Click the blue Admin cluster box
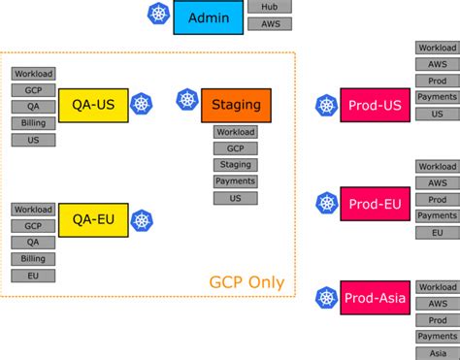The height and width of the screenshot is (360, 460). coord(209,18)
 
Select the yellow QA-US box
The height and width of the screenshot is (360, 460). coord(93,106)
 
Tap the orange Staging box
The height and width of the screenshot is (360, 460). coord(236,105)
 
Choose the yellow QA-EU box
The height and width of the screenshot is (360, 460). coord(93,220)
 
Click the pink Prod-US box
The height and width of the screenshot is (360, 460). coord(368,105)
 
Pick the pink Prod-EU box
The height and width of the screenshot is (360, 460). coord(368,204)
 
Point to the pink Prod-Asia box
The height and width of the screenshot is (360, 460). coord(368,298)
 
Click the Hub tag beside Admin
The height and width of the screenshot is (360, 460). coord(270,7)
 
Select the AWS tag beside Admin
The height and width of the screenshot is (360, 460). coord(270,23)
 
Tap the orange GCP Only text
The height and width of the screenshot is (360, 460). coord(246,283)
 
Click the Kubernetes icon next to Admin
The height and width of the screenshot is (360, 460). coord(158,16)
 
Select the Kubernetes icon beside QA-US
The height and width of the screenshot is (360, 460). coord(143,106)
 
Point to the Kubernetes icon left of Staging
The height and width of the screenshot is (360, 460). coord(187,99)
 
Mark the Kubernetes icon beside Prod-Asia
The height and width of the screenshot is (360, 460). coord(325,298)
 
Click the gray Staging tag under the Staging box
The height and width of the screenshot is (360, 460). coord(236,165)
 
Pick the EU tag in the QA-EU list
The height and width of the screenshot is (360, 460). coord(33,276)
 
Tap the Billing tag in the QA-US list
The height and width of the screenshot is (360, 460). coord(33,123)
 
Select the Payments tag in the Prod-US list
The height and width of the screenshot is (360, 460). coord(438,97)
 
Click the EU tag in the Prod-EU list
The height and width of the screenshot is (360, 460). coord(438,233)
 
